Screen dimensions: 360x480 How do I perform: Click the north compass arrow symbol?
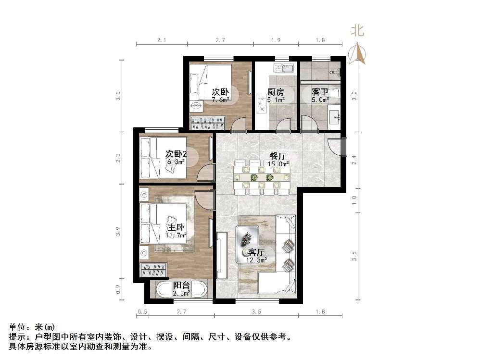[358, 54]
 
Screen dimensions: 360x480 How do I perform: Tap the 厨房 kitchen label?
[276, 92]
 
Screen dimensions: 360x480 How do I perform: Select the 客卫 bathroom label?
[320, 91]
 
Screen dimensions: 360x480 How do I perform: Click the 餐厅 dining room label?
[279, 156]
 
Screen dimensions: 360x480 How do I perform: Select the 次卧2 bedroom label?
[176, 154]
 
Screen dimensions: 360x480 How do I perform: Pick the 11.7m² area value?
[176, 235]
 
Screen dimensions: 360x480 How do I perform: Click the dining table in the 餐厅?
[262, 177]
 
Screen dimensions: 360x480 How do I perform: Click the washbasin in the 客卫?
[335, 115]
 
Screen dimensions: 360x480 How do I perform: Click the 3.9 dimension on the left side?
[118, 232]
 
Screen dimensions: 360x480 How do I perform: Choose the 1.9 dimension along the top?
[276, 40]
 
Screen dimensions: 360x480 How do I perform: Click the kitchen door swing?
[283, 126]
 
